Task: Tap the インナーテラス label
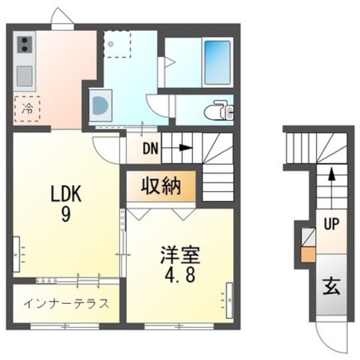click(x=65, y=304)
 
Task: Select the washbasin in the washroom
click(x=98, y=105)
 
